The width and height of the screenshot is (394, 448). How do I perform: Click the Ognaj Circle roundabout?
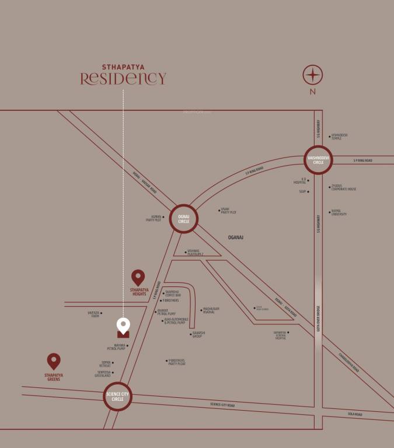coord(184,220)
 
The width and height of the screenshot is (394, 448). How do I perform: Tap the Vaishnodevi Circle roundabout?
coord(318,160)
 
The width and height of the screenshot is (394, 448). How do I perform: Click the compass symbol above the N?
coord(313,76)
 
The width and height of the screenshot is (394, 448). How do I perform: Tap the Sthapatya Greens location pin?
coord(54,361)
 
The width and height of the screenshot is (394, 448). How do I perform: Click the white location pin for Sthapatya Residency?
coord(123,325)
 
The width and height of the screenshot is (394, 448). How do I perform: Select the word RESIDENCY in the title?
coord(123,79)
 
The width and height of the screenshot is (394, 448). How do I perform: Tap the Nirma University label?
coord(339,213)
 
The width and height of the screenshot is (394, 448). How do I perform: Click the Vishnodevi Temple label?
coord(340,136)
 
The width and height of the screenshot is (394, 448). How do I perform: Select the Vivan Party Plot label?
coord(229,211)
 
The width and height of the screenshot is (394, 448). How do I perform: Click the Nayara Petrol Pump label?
coord(117,347)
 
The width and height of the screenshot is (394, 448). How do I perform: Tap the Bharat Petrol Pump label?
coord(166,313)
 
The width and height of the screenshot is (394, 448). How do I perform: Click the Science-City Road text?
coord(222,405)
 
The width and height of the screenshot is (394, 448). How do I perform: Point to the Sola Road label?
coord(354,414)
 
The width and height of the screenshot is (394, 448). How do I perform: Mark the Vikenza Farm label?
coord(94,314)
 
